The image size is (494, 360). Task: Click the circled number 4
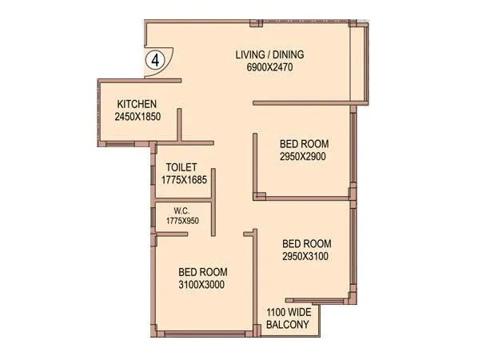(x=155, y=59)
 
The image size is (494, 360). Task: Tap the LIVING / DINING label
(x=269, y=55)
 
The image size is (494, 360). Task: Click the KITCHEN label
(x=137, y=104)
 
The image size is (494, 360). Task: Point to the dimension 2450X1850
(x=137, y=117)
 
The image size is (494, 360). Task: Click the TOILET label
(x=181, y=167)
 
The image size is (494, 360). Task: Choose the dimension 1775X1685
(x=184, y=180)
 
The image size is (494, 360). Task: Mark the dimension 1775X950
(x=182, y=220)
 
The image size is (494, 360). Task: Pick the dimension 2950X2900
(x=304, y=157)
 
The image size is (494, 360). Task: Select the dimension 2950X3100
(x=306, y=256)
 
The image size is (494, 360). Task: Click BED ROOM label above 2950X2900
(x=304, y=144)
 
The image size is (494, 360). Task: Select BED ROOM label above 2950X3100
(x=306, y=243)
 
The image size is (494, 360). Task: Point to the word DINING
(x=289, y=55)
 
